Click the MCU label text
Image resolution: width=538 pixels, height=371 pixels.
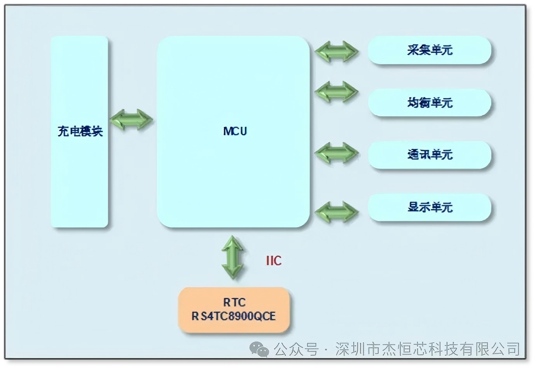pos(235,131)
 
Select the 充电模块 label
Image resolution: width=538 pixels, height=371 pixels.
pos(80,131)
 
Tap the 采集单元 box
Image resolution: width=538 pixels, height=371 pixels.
pos(430,50)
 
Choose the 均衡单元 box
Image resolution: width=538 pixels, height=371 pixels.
pos(430,103)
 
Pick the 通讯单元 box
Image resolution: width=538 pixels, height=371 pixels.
pos(430,155)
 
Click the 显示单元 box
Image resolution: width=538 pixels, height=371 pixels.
pos(430,207)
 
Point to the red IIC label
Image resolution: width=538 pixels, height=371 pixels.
pos(274,261)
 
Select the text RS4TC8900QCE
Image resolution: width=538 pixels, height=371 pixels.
pos(234,316)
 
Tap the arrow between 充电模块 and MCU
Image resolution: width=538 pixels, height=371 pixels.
pos(131,120)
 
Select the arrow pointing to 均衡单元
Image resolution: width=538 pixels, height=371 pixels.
pos(337,92)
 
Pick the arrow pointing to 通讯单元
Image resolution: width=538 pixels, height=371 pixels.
pos(337,153)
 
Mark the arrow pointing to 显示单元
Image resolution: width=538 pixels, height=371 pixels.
pos(337,212)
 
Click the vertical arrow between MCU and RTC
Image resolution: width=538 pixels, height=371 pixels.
pos(233,257)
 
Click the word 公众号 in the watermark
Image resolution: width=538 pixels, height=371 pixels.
pos(296,349)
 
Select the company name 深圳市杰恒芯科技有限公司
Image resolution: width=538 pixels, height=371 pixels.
pos(428,349)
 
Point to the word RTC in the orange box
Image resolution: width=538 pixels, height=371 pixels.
pos(234,302)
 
